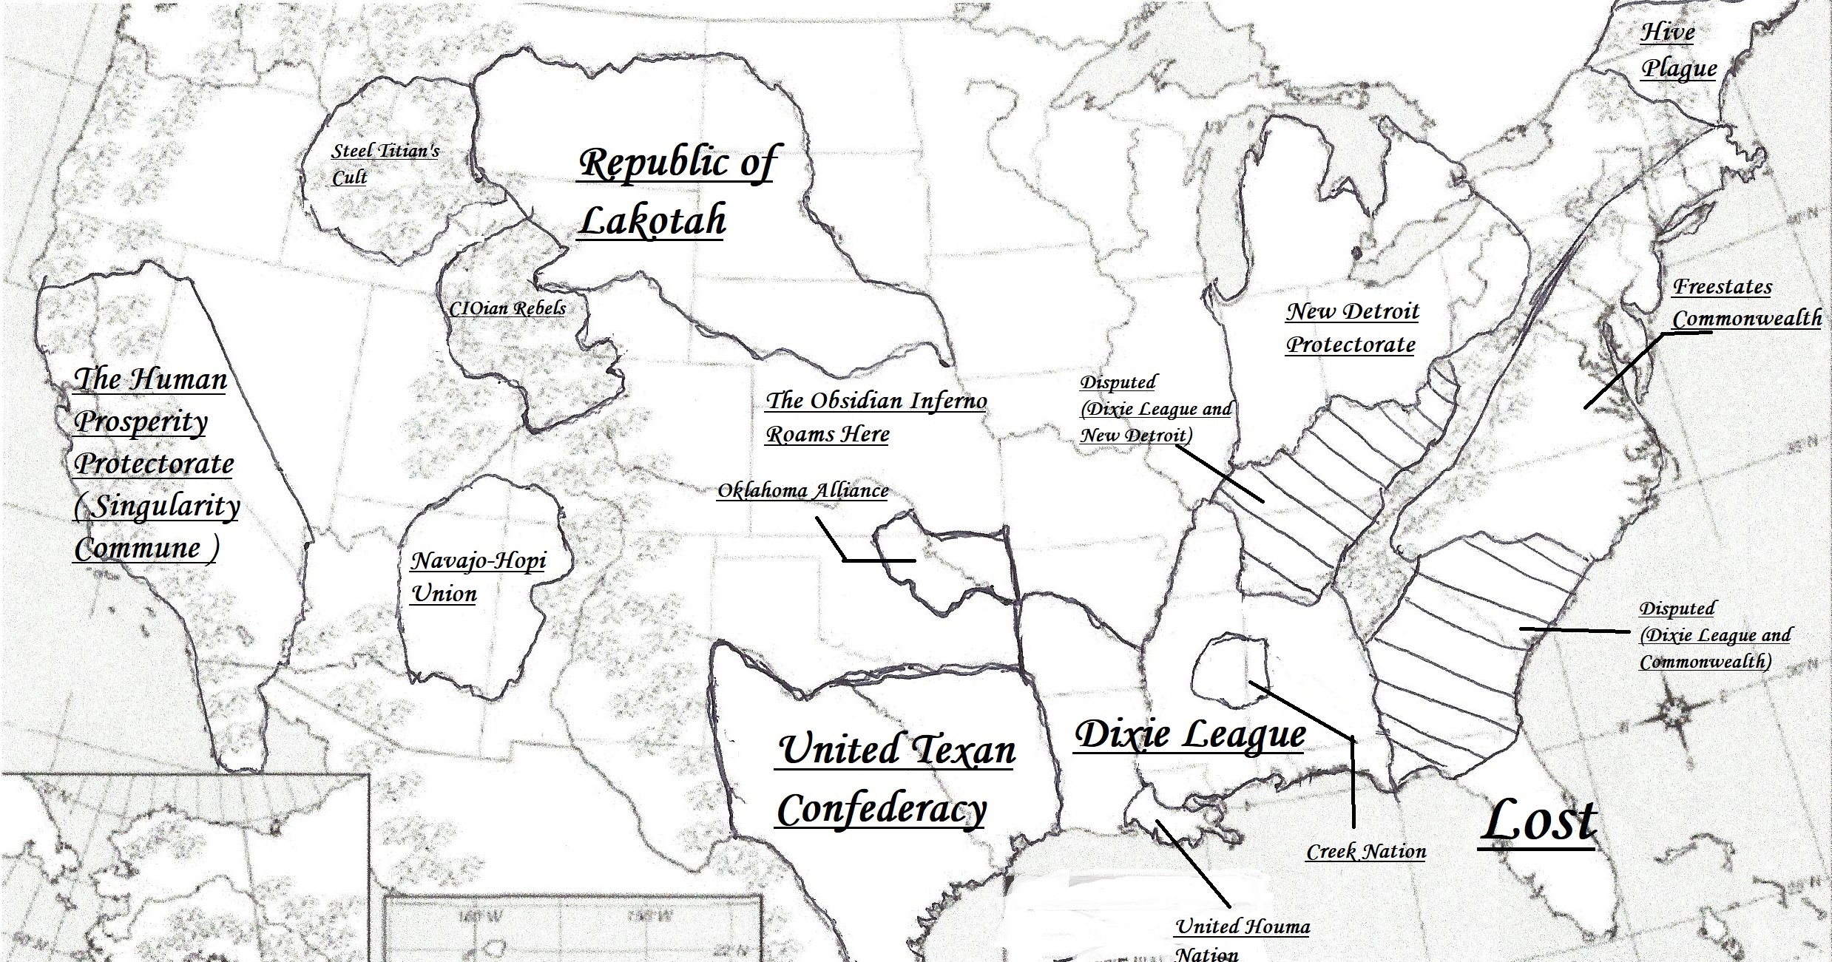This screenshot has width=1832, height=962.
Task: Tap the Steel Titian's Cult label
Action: point(385,163)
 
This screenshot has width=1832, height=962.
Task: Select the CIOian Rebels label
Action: point(507,308)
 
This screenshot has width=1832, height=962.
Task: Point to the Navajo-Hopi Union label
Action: point(478,577)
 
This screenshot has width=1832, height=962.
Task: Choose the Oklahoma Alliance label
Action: point(802,490)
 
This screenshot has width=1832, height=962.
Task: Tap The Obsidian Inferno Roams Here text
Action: point(876,416)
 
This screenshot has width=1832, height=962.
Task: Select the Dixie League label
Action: point(1189,734)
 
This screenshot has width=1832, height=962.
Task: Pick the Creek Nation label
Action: point(1366,852)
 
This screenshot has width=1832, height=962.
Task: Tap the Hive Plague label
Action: point(1677,50)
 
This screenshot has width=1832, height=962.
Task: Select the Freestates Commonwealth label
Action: point(1746,302)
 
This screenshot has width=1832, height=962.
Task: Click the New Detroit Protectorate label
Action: point(1352,328)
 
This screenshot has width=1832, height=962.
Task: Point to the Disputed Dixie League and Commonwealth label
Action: point(1714,634)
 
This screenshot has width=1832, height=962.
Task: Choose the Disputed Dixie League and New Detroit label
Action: point(1155,409)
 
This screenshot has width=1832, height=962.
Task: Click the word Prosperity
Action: point(141,421)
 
